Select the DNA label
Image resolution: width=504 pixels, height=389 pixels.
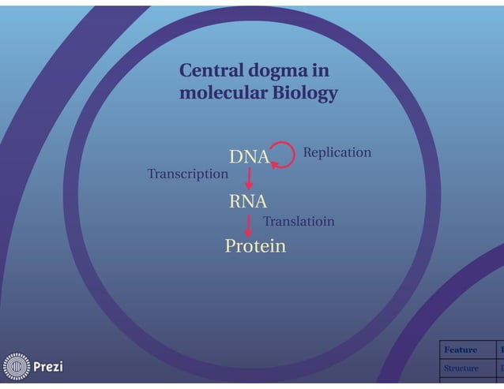[249, 157]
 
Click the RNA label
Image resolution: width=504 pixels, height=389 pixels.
[248, 201]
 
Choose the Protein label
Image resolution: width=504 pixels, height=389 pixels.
[255, 246]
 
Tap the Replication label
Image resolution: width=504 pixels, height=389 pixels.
[337, 152]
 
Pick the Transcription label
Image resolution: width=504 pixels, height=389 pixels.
[187, 174]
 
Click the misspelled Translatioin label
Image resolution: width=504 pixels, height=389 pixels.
[298, 222]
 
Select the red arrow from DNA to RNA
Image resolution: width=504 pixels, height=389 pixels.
[249, 179]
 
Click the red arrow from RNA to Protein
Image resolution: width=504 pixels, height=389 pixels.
[248, 224]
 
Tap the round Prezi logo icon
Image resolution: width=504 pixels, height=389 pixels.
[16, 367]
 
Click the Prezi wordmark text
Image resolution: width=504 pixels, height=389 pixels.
[48, 367]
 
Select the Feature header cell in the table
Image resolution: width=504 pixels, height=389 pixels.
[461, 350]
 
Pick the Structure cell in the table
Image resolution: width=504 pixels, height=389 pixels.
[461, 368]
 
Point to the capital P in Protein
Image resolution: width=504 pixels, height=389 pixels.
[231, 246]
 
